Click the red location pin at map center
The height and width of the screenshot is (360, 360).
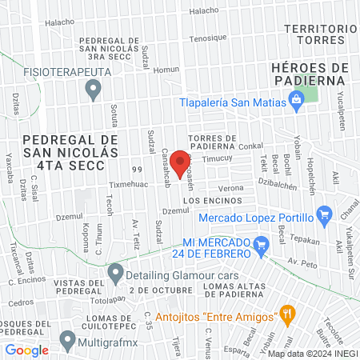click(x=180, y=162)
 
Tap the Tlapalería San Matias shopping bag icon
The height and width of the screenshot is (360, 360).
click(x=297, y=100)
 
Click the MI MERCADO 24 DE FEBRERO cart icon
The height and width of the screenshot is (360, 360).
click(x=260, y=243)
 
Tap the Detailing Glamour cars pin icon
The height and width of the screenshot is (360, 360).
click(x=116, y=272)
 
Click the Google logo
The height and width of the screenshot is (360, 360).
click(x=27, y=350)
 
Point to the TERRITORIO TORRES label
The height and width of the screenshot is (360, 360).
click(x=320, y=34)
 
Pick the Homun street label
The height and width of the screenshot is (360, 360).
click(x=166, y=70)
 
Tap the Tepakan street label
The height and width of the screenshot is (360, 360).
click(x=304, y=241)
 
